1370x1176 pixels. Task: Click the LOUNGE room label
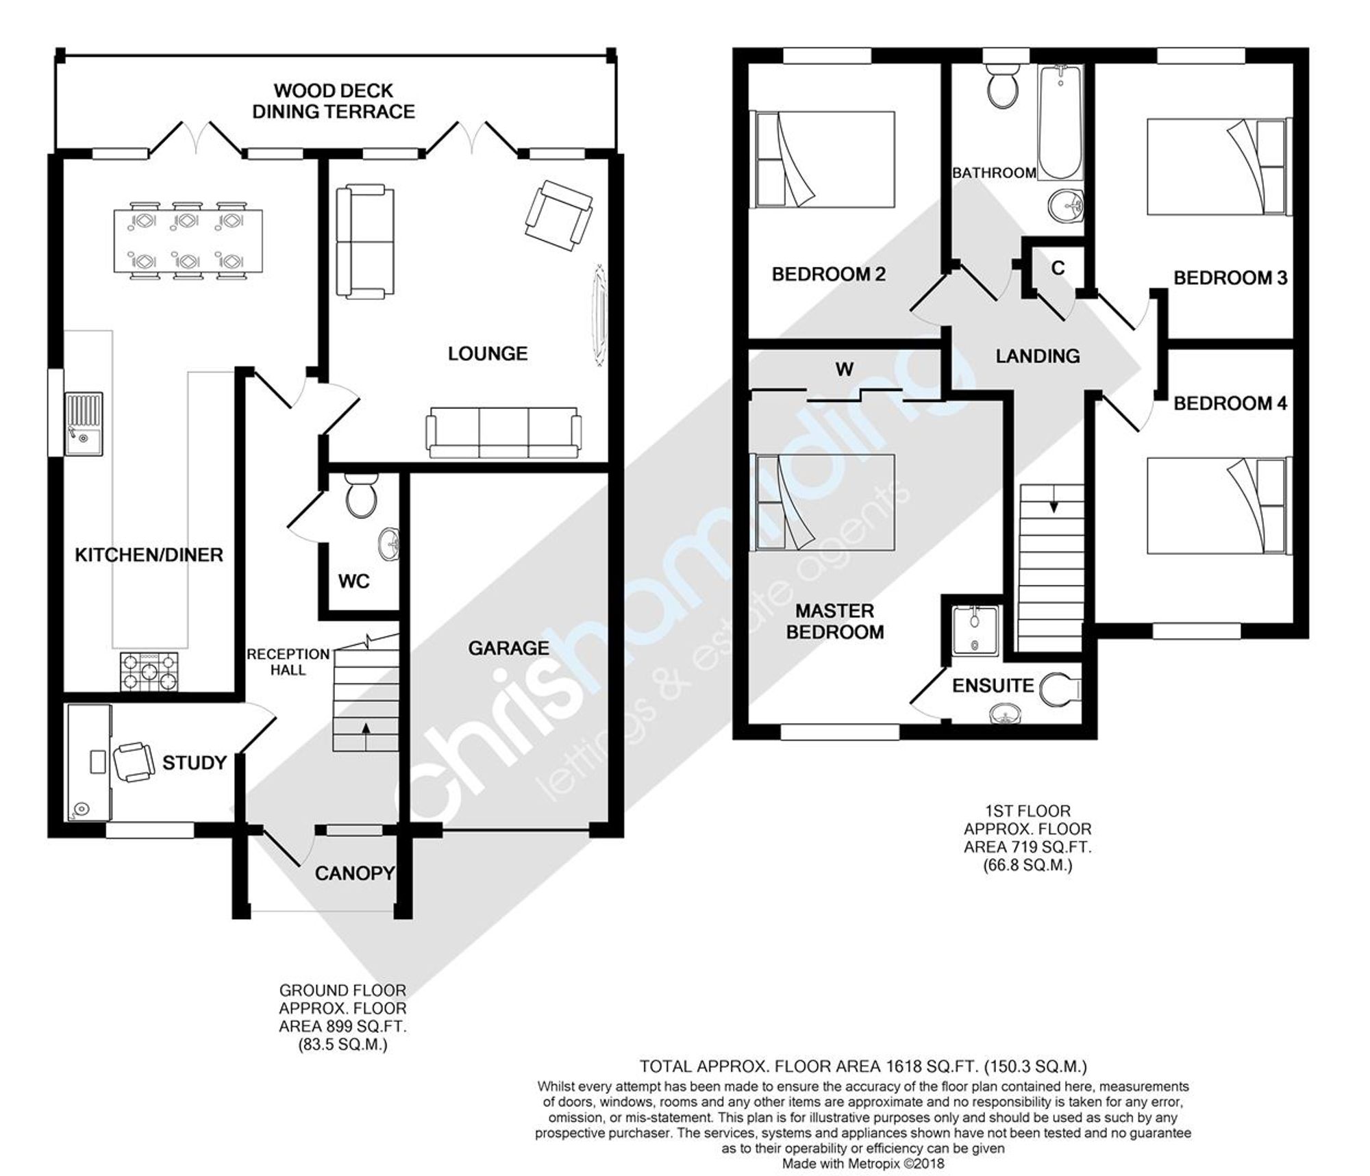coord(488,353)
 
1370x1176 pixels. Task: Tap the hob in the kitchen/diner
coord(150,672)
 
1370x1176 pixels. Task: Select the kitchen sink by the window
coord(84,424)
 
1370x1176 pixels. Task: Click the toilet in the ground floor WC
coord(360,496)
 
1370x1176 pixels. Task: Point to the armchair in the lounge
coord(558,215)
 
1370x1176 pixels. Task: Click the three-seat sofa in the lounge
coord(503,432)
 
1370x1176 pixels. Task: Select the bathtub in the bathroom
coord(1060,123)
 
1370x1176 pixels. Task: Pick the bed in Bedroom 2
coord(824,160)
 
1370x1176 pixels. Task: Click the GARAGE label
coord(509,648)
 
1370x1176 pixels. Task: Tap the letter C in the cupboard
coord(1058,268)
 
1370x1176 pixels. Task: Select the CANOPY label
coord(355,873)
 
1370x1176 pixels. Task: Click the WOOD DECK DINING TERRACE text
coord(334,101)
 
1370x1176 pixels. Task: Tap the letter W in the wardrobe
coord(845,369)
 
